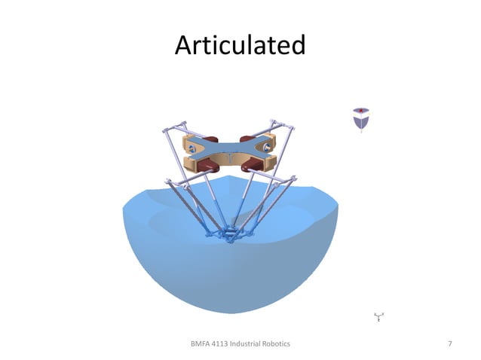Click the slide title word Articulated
(240, 46)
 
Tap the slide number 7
(450, 344)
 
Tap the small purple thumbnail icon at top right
(361, 118)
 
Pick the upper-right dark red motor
(247, 139)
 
